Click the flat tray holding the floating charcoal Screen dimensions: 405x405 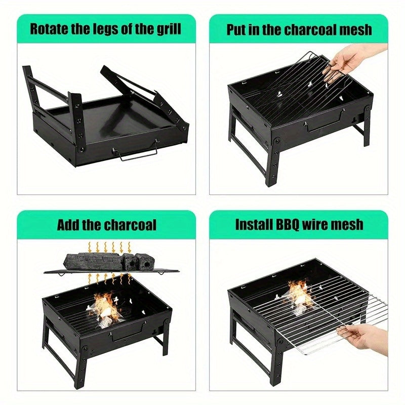tap(111, 271)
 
